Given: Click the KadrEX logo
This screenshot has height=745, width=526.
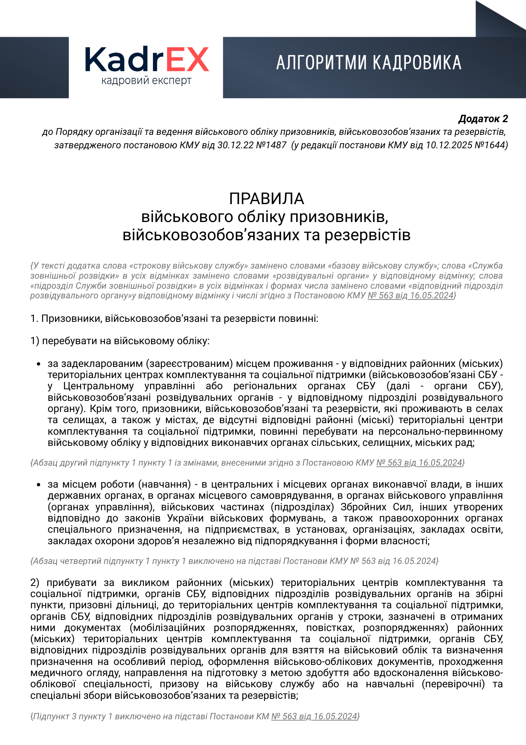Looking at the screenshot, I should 147,60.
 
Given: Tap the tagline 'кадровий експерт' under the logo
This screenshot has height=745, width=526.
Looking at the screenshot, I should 147,80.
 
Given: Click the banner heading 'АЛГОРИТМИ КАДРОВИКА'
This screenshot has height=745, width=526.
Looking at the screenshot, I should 369,63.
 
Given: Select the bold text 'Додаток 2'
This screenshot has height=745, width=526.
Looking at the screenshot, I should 483,119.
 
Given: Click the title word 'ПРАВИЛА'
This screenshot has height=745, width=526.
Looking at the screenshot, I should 266,199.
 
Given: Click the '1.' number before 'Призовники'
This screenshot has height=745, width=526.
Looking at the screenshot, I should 34,318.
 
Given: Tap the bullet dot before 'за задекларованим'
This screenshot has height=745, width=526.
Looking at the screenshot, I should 38,364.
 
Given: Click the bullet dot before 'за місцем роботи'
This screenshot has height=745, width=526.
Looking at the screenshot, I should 38,485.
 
